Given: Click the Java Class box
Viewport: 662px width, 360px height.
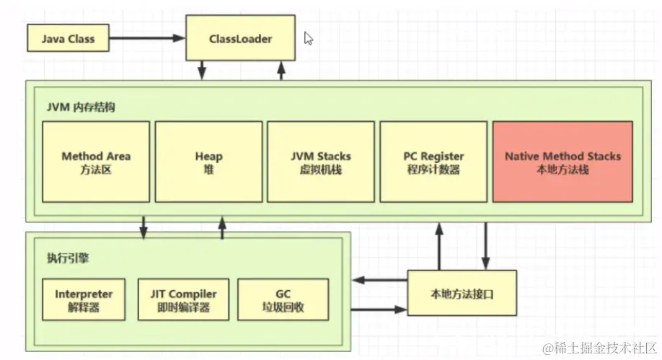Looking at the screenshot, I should pyautogui.click(x=68, y=39).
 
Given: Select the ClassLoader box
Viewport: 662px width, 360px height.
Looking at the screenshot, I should pyautogui.click(x=239, y=39).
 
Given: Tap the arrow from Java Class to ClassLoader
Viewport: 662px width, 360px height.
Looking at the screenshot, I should pyautogui.click(x=149, y=39).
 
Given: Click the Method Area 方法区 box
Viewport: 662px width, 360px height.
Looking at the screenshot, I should pyautogui.click(x=96, y=162).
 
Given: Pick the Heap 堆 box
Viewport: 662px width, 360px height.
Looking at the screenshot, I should pyautogui.click(x=208, y=162).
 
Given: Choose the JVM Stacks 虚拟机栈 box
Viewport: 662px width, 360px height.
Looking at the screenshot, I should pyautogui.click(x=320, y=162).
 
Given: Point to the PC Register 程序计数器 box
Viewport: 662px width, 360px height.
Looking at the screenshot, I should pyautogui.click(x=433, y=162).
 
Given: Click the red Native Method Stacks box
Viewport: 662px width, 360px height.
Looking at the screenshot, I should pyautogui.click(x=562, y=162).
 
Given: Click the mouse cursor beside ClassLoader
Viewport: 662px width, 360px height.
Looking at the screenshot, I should pyautogui.click(x=308, y=38).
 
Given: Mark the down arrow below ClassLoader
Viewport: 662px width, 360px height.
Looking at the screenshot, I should pyautogui.click(x=203, y=69).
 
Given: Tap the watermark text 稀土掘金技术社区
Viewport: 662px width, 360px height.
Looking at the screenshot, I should pyautogui.click(x=601, y=348).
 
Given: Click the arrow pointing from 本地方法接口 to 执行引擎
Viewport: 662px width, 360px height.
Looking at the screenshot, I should pyautogui.click(x=379, y=280).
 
